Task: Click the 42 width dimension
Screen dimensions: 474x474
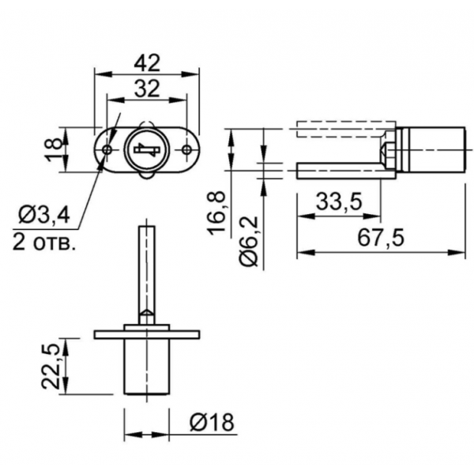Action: pyautogui.click(x=147, y=63)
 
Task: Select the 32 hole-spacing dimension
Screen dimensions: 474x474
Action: pyautogui.click(x=147, y=88)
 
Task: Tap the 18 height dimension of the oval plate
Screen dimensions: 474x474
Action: pyautogui.click(x=54, y=149)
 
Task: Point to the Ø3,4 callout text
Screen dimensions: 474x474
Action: pyautogui.click(x=44, y=215)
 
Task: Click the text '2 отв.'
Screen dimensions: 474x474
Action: pyautogui.click(x=43, y=243)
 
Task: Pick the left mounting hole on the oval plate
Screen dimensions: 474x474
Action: pyautogui.click(x=107, y=149)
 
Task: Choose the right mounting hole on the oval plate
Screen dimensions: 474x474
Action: pyautogui.click(x=186, y=149)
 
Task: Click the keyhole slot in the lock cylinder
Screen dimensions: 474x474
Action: pyautogui.click(x=147, y=149)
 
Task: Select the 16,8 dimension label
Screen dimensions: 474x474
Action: pyautogui.click(x=216, y=213)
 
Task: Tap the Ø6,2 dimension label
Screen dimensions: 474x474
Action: pyautogui.click(x=249, y=241)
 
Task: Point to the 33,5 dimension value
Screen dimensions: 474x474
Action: pyautogui.click(x=339, y=201)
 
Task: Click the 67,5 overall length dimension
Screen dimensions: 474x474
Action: pyautogui.click(x=381, y=238)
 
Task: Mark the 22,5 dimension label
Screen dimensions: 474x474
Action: pyautogui.click(x=50, y=366)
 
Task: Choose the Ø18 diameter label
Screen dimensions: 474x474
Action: pyautogui.click(x=212, y=422)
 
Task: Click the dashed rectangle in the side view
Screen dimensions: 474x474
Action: pyautogui.click(x=346, y=129)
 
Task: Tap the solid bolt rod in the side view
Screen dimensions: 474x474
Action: pyautogui.click(x=346, y=171)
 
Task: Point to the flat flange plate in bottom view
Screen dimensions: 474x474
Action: pyautogui.click(x=147, y=334)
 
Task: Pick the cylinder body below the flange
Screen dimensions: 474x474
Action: pyautogui.click(x=147, y=367)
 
